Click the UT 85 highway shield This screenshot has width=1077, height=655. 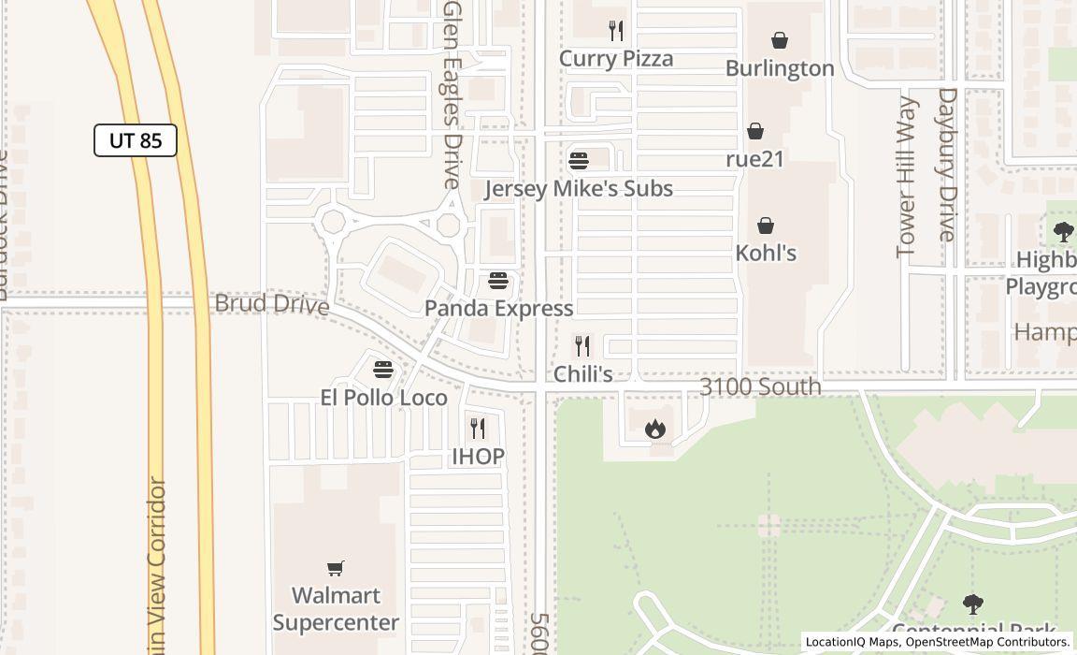tap(136, 140)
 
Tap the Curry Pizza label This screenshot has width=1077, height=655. tap(615, 59)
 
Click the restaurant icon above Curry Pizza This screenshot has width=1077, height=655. tap(615, 31)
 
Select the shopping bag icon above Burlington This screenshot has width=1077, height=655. tap(780, 40)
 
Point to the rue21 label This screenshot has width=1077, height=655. tap(754, 159)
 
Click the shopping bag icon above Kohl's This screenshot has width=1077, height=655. tap(766, 226)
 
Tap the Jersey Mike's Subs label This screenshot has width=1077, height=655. tap(578, 189)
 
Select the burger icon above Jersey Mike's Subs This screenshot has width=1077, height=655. tap(579, 161)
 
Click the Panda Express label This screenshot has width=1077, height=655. tap(498, 309)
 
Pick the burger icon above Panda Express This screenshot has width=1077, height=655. tap(498, 281)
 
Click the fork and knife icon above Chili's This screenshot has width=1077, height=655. tap(582, 346)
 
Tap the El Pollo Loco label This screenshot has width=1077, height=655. tap(383, 398)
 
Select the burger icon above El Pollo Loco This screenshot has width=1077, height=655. tap(382, 370)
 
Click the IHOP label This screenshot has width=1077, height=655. tap(478, 457)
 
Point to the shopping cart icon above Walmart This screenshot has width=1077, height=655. tap(336, 568)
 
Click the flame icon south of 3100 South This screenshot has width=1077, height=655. tap(655, 429)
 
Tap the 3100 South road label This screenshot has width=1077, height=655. tap(760, 386)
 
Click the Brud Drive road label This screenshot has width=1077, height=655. tap(271, 304)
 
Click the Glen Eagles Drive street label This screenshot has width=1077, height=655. tap(452, 94)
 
